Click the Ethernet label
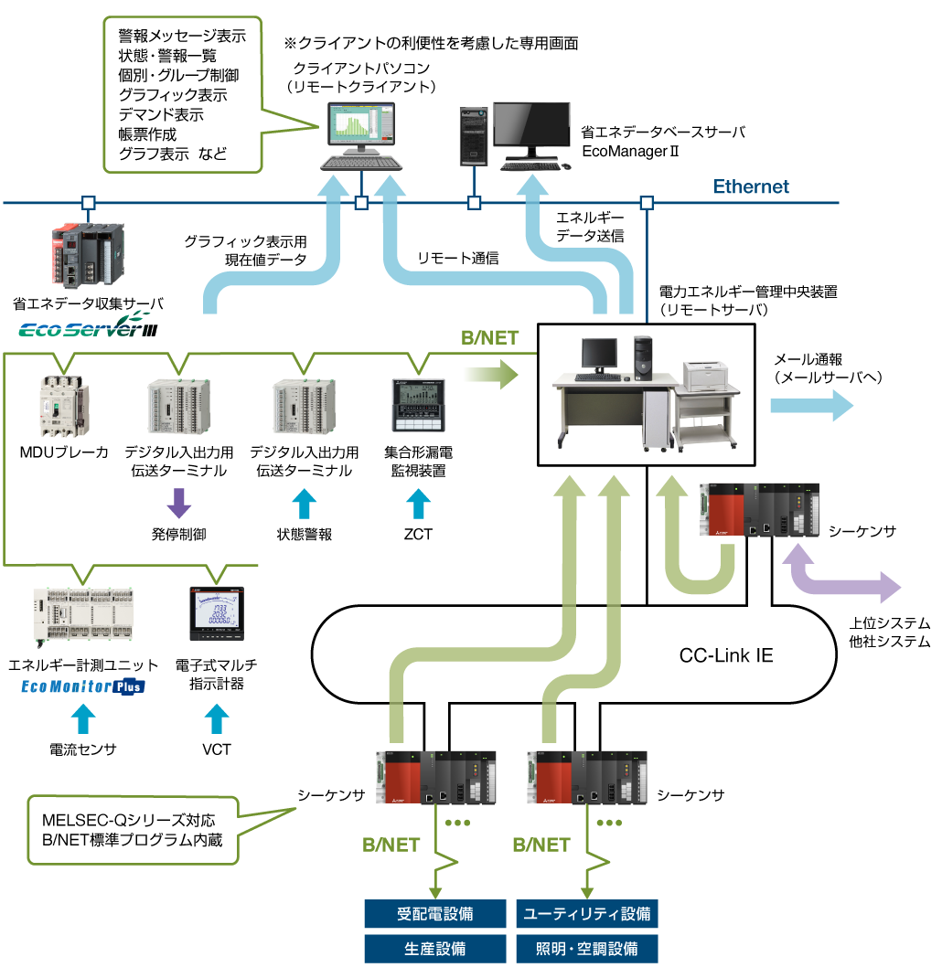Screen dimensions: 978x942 click(x=751, y=186)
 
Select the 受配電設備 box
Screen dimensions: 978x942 click(x=434, y=913)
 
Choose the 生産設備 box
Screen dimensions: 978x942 click(x=434, y=948)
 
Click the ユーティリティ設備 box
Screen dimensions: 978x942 click(x=586, y=913)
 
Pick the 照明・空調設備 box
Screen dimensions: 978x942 click(x=586, y=948)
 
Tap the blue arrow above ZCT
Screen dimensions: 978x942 click(x=418, y=504)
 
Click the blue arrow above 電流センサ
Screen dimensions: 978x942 click(x=83, y=718)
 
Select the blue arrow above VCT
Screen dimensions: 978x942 click(x=217, y=718)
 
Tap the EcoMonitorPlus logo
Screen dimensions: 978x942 click(x=83, y=686)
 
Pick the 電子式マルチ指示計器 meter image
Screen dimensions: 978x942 click(x=217, y=612)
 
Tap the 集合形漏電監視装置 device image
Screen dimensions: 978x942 click(x=418, y=405)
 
